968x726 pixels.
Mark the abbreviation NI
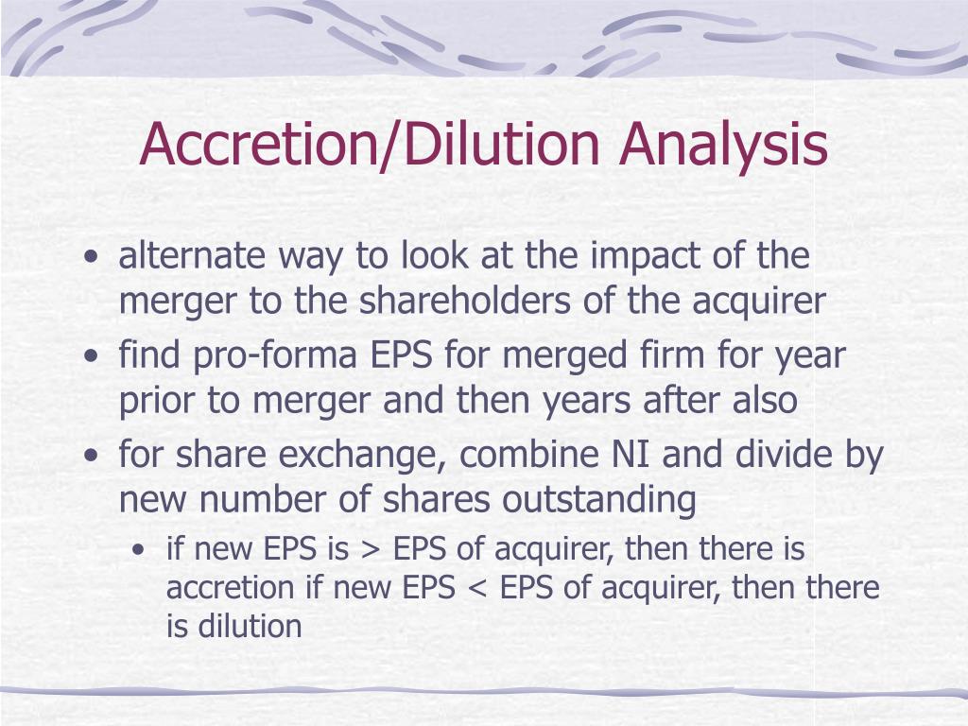click(633, 456)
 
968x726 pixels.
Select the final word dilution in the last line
click(250, 626)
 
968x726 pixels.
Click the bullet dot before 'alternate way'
click(91, 257)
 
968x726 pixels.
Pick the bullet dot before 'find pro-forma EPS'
click(91, 357)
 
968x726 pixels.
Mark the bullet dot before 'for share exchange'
click(91, 457)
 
